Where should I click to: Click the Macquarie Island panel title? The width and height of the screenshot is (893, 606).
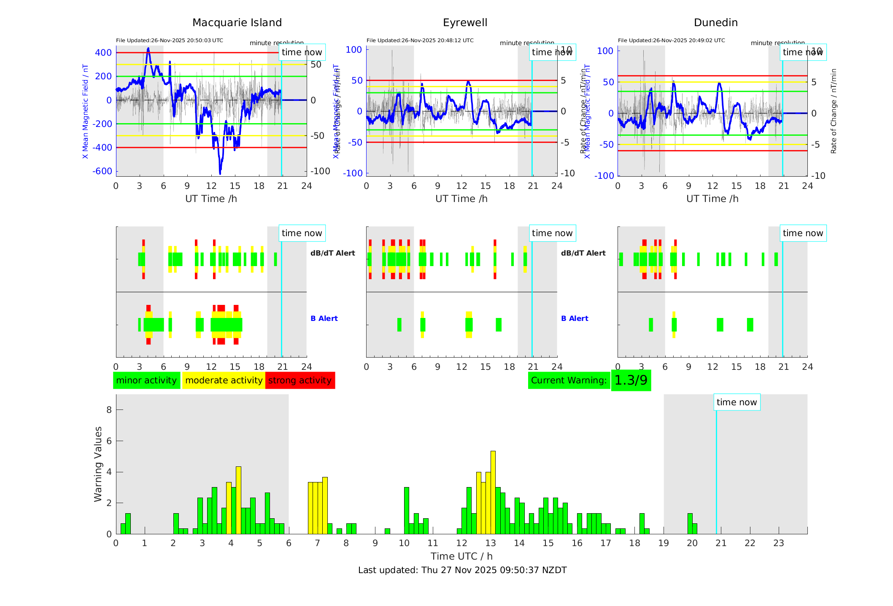[237, 23]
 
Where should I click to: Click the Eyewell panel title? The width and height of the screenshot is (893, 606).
[465, 23]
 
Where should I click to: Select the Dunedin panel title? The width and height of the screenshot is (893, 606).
[715, 23]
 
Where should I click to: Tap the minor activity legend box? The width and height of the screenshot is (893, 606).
[146, 380]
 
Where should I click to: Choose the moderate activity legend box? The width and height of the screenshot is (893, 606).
[224, 380]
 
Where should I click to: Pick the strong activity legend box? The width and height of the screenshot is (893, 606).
[300, 380]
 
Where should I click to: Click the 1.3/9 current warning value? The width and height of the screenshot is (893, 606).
[631, 380]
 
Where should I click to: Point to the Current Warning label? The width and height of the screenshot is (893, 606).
[569, 380]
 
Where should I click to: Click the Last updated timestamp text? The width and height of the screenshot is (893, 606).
[462, 570]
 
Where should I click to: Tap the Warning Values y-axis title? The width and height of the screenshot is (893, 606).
[98, 464]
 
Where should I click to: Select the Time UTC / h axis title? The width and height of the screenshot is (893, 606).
[461, 556]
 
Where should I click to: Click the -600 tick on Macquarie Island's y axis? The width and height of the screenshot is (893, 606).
[103, 171]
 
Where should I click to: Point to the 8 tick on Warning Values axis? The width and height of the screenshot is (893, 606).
[109, 409]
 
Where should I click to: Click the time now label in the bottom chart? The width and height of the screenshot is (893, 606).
[737, 402]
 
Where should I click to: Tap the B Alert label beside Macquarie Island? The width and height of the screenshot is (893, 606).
[324, 318]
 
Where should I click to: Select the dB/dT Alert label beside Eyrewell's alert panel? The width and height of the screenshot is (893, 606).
[583, 253]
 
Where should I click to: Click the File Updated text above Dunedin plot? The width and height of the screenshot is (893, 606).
[671, 40]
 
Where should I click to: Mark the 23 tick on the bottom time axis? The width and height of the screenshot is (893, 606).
[778, 543]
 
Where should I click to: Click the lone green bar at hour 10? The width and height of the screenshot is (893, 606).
[406, 510]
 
